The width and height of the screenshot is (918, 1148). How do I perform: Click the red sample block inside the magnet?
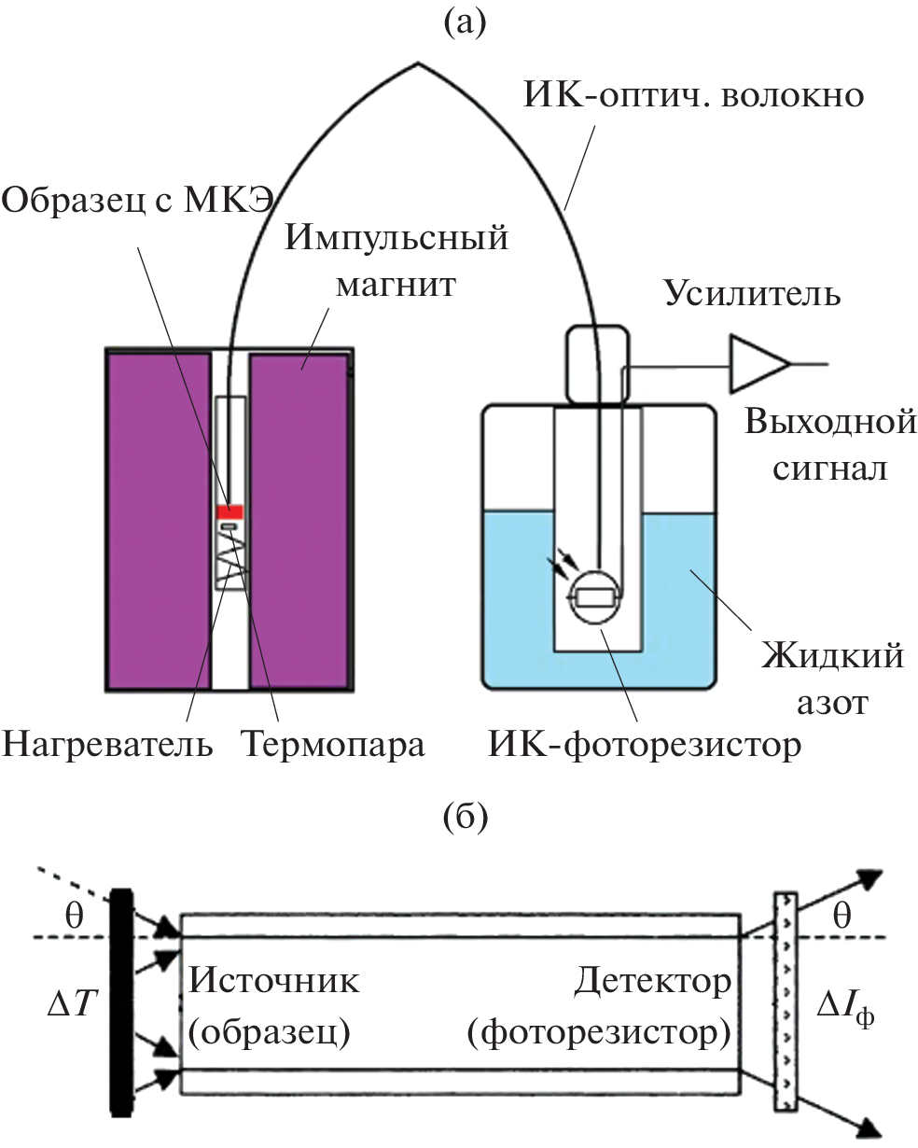pyautogui.click(x=229, y=511)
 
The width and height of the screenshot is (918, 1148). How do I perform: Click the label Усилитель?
pyautogui.click(x=752, y=295)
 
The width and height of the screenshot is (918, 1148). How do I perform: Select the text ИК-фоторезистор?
pyautogui.click(x=643, y=745)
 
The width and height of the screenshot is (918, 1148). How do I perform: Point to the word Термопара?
pyautogui.click(x=332, y=745)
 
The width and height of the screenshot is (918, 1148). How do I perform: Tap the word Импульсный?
pyautogui.click(x=397, y=238)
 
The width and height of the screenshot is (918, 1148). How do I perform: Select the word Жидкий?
pyautogui.click(x=830, y=656)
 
